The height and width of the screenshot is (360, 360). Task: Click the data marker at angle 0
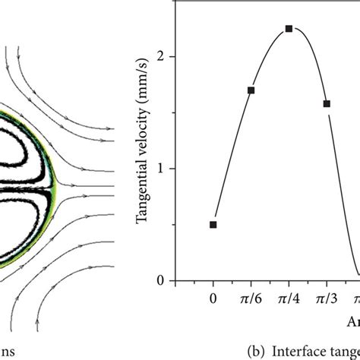click(x=213, y=224)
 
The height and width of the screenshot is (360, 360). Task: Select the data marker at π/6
click(x=251, y=90)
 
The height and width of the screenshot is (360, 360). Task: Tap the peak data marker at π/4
click(x=289, y=29)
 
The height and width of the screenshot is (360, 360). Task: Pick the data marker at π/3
click(x=327, y=103)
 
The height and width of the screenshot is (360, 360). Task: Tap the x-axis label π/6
click(x=251, y=300)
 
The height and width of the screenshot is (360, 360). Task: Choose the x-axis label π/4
click(x=289, y=300)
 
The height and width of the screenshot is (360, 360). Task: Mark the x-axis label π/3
click(x=327, y=300)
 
